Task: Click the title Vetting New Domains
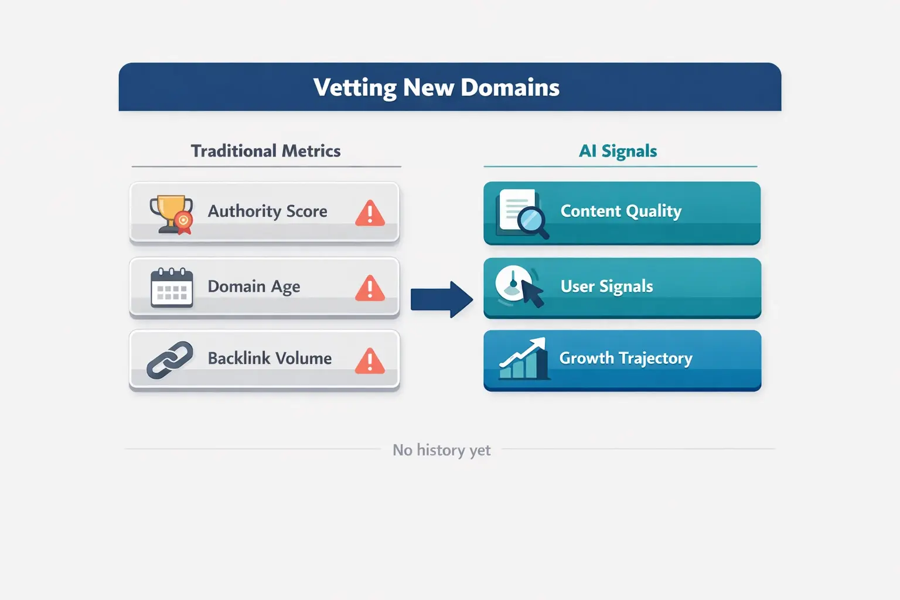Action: click(x=437, y=87)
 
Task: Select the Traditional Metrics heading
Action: click(x=265, y=151)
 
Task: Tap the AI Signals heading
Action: click(x=618, y=151)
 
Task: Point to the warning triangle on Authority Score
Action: click(x=370, y=214)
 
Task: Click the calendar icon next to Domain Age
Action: click(x=172, y=287)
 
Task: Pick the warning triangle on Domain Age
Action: click(x=370, y=288)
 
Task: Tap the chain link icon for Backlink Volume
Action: click(x=170, y=359)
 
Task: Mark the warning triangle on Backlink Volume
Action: click(x=370, y=362)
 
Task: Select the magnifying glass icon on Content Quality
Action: click(x=531, y=221)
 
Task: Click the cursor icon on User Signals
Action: click(x=532, y=292)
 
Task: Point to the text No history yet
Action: click(x=442, y=450)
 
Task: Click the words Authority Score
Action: click(x=268, y=211)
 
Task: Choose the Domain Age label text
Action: click(x=254, y=287)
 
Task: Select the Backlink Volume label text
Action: click(x=270, y=358)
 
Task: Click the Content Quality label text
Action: click(x=621, y=211)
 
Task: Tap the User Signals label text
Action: click(x=607, y=287)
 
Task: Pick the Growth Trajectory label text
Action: click(x=626, y=358)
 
